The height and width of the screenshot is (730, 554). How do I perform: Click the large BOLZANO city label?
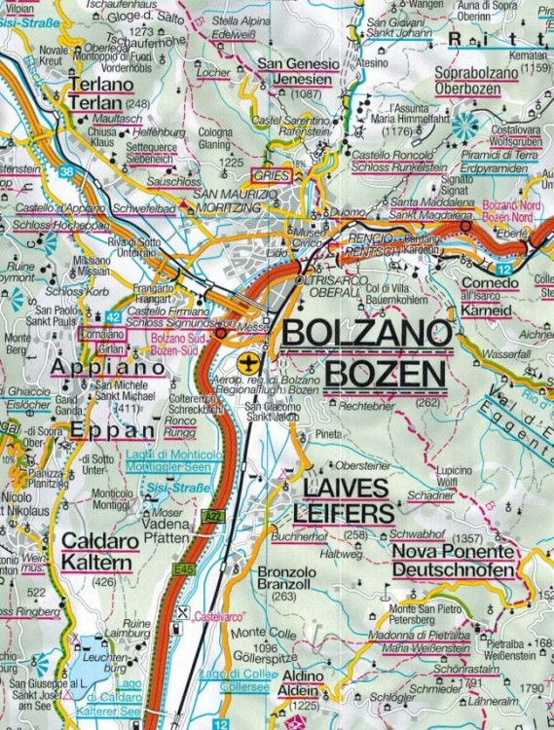366,334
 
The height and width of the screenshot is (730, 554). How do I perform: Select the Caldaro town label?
99,538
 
